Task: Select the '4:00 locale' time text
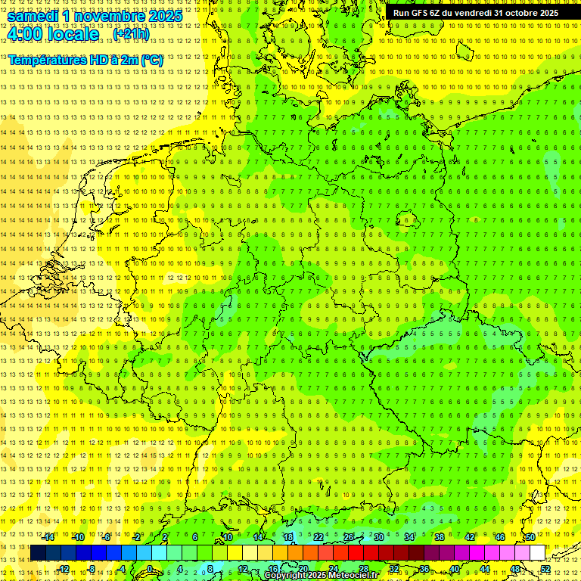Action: tap(53, 34)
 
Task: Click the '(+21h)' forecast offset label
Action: tap(131, 34)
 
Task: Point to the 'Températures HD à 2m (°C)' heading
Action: tap(85, 59)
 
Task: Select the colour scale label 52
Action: tap(545, 568)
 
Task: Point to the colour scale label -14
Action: tap(48, 537)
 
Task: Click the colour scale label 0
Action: tap(150, 568)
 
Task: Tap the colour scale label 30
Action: tap(378, 537)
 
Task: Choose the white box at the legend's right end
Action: tap(537, 553)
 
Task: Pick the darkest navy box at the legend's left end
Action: tap(38, 553)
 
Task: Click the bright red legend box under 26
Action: tap(356, 553)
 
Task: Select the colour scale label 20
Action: tap(303, 568)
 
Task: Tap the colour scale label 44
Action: tap(484, 568)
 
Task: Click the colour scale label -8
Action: tap(91, 568)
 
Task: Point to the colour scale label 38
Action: tap(439, 537)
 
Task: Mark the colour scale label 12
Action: tap(242, 568)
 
